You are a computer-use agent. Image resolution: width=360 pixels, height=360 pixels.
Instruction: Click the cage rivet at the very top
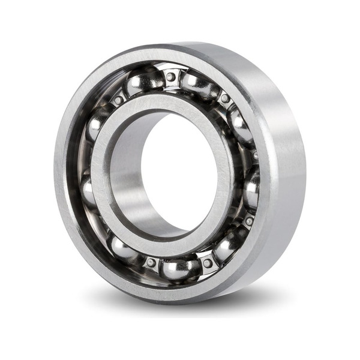pos(171,77)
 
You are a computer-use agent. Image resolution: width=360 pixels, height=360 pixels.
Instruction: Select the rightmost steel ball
pos(251,188)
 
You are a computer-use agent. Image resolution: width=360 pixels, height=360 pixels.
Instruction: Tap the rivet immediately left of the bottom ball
pos(151,262)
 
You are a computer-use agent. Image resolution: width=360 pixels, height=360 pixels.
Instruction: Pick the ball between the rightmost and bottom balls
pos(229,245)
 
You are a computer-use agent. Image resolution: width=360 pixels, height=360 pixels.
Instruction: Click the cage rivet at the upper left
pos(118,100)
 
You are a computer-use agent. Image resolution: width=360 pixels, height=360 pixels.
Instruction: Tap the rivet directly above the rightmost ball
pos(254,155)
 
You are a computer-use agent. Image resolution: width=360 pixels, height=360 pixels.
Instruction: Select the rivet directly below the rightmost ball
pos(248,221)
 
